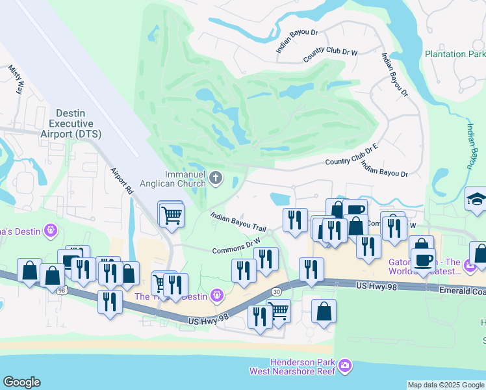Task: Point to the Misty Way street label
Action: pos(15,81)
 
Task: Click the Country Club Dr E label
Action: pos(351,156)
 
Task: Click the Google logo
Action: pos(21,382)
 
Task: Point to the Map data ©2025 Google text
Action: pos(445,385)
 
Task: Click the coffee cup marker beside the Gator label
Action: pos(423,260)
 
